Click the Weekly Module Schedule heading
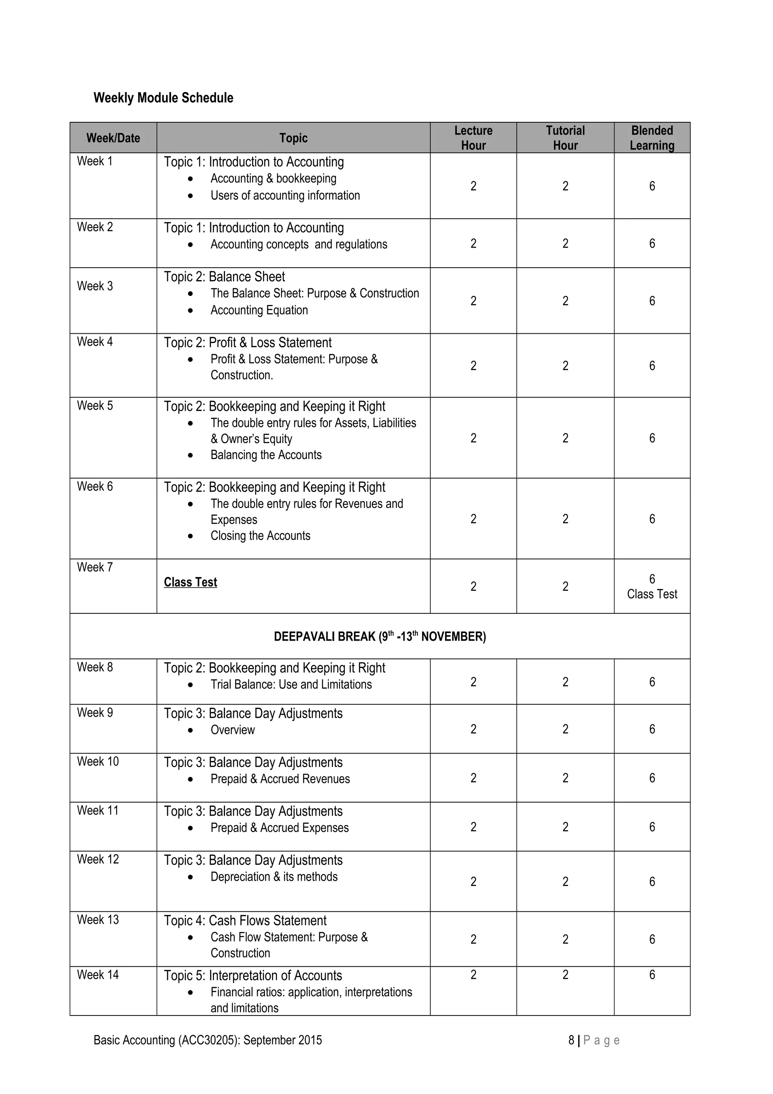click(163, 98)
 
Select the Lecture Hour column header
click(473, 138)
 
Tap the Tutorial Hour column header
click(565, 138)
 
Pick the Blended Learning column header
click(651, 138)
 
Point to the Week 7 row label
click(95, 567)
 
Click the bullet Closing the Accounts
click(260, 536)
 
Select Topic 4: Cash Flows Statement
click(245, 921)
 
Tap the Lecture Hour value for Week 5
click(473, 438)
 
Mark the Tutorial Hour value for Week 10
click(565, 778)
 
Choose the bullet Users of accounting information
click(285, 196)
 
